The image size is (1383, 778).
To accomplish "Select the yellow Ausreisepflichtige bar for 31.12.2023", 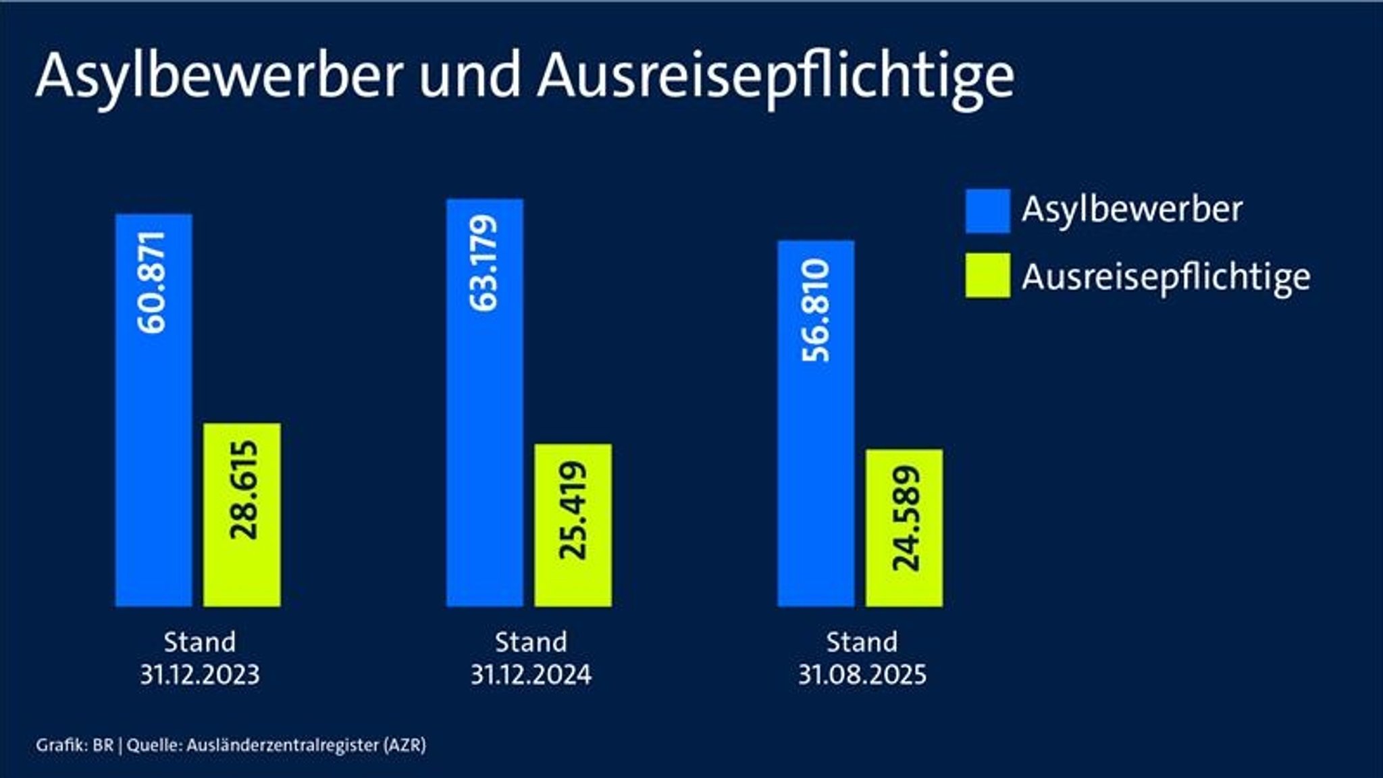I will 242,574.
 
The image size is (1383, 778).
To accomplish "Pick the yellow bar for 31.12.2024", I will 573,581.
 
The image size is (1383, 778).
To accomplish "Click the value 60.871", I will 153,282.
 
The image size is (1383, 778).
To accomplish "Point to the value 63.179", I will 484,263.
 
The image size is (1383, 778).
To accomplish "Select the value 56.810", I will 816,310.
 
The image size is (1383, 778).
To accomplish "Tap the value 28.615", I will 244,490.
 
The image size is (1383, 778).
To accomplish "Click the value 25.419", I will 573,510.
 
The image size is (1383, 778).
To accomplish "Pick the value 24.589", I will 906,518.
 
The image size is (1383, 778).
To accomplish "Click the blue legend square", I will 987,211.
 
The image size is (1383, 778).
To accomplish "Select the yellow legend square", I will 987,276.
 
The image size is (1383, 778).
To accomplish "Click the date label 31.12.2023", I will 200,675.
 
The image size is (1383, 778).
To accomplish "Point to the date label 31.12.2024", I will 531,675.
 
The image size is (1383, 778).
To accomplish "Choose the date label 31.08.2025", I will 862,675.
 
